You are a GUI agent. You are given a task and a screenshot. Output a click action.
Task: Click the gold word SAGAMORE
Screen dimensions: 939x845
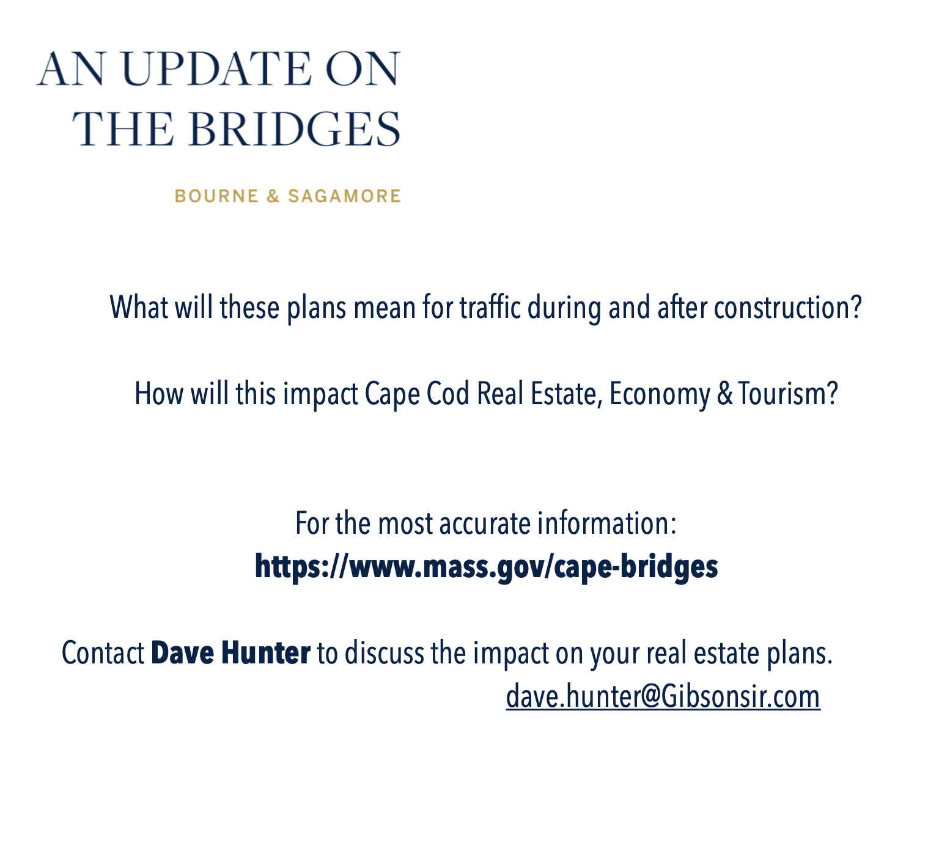pyautogui.click(x=344, y=196)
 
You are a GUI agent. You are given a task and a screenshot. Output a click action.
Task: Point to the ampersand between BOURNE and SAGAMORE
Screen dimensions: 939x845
pyautogui.click(x=273, y=196)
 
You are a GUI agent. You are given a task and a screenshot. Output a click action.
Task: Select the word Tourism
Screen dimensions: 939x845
pyautogui.click(x=788, y=394)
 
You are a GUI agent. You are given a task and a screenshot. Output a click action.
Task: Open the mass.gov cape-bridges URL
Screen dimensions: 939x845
pyautogui.click(x=486, y=567)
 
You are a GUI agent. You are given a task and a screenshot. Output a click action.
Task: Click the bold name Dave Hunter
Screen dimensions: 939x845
pyautogui.click(x=230, y=653)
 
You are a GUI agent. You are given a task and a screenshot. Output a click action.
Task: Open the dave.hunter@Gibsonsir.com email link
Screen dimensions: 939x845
pyautogui.click(x=663, y=697)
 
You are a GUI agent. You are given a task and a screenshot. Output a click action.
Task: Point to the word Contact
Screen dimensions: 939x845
pyautogui.click(x=103, y=653)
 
